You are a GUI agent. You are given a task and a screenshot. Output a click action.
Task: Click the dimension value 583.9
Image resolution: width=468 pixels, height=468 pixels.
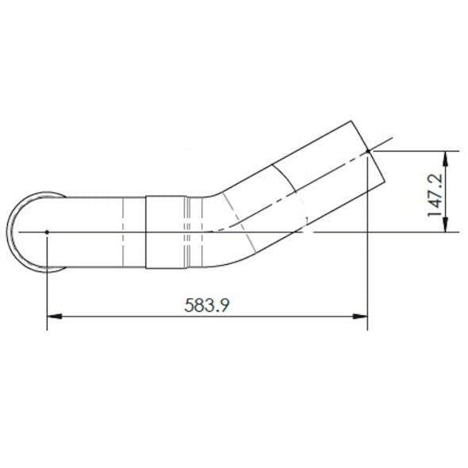click(x=207, y=305)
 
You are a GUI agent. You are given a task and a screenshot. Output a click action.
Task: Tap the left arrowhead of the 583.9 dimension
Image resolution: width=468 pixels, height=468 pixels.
click(x=53, y=316)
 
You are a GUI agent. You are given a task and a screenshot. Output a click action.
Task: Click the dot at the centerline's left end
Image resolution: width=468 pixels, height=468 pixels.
click(x=48, y=232)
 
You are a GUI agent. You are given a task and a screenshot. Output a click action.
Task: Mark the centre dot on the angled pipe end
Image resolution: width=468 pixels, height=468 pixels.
click(x=369, y=149)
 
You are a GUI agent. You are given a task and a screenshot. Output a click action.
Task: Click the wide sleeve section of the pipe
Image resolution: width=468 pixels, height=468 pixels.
click(x=163, y=232)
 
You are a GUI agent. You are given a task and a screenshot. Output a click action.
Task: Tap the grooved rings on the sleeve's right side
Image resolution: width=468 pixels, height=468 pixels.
click(x=187, y=232)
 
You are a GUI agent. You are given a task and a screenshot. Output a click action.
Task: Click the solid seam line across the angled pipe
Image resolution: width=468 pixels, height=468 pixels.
click(x=284, y=178)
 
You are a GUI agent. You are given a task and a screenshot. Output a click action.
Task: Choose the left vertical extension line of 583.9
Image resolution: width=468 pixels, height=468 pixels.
click(x=48, y=278)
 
